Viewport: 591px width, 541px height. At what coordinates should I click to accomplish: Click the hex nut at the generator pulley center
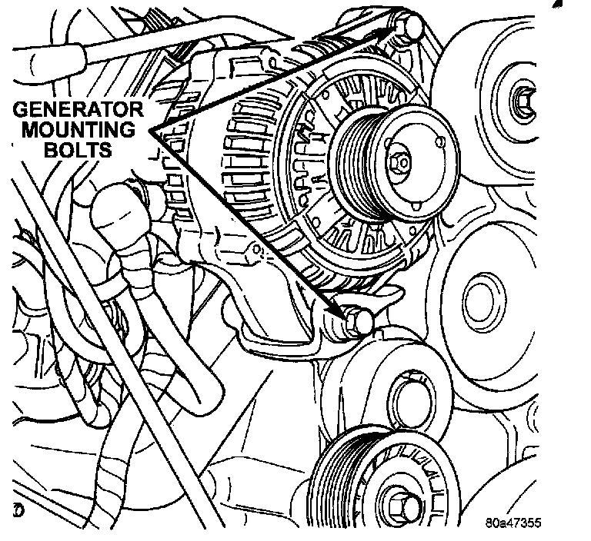399,162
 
